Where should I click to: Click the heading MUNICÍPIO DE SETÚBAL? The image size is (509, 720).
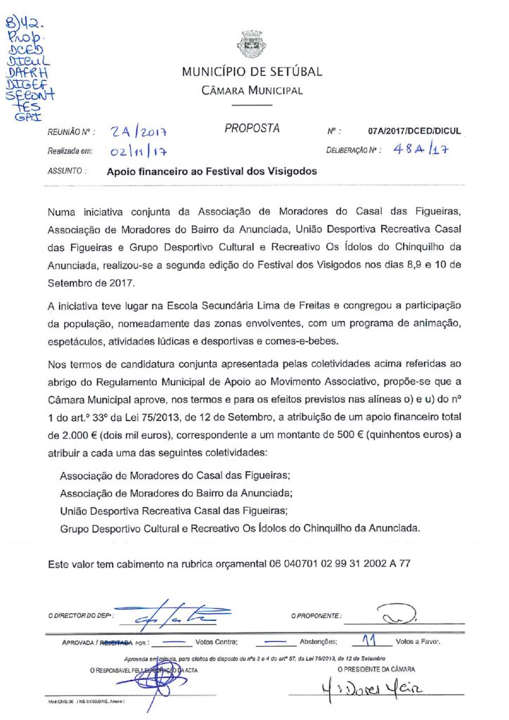pos(252,72)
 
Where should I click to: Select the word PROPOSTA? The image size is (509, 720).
pos(252,129)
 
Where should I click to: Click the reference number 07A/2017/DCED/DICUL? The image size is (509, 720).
pos(414,131)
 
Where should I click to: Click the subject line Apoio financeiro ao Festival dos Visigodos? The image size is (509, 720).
pos(212,171)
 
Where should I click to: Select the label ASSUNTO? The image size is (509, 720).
pos(67,171)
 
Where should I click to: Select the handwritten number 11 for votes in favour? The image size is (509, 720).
pos(366,640)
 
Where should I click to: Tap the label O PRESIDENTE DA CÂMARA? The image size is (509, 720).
pos(376,669)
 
